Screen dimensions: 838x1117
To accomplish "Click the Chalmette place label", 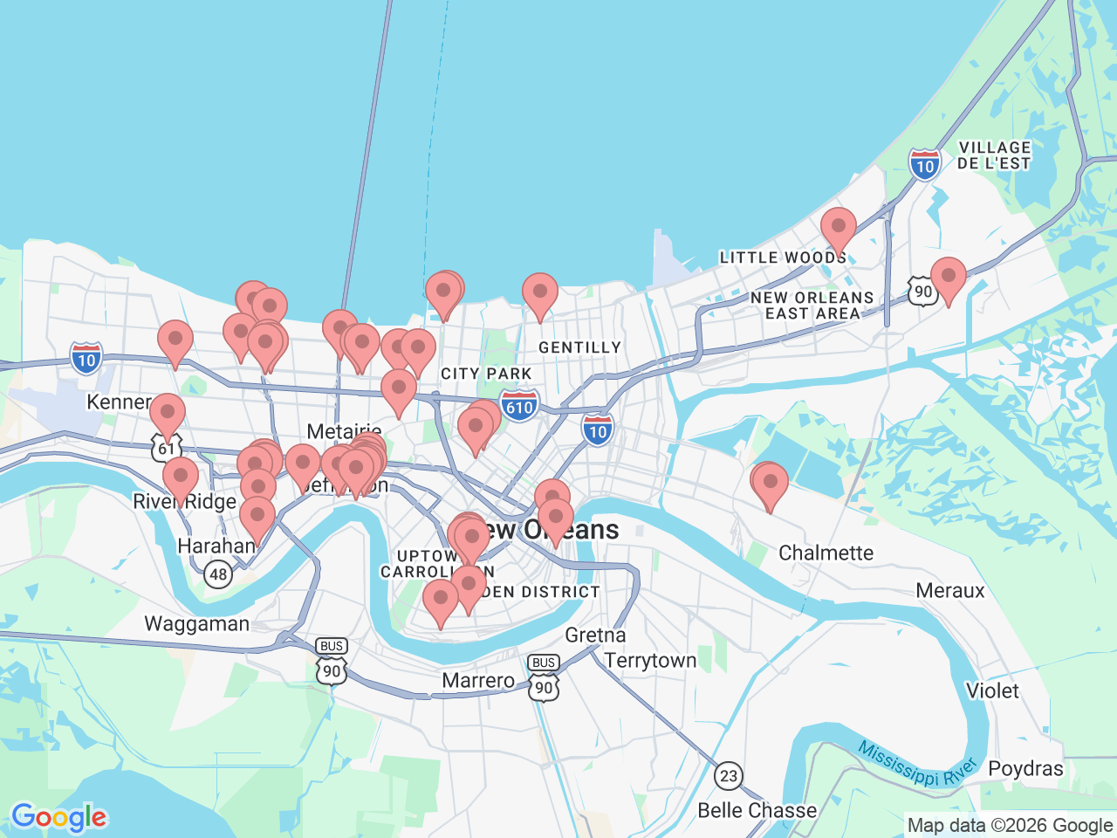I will tap(826, 553).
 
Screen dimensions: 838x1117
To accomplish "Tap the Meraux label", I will tap(949, 591).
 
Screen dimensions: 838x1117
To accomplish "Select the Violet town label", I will tap(992, 690).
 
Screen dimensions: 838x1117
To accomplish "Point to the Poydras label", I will tap(1025, 769).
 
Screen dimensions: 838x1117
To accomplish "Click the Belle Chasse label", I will tap(757, 810).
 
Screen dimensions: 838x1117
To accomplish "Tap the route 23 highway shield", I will tap(728, 775).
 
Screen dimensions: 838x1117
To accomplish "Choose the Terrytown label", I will tap(650, 661).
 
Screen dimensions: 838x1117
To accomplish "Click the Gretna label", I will tap(595, 635).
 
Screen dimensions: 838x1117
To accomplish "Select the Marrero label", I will tap(478, 680).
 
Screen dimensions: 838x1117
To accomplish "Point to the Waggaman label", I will tap(196, 624).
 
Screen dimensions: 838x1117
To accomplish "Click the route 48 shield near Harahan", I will tap(218, 574).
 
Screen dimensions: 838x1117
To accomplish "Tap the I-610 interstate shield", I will tap(519, 407).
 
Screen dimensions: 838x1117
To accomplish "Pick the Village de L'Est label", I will tap(993, 155).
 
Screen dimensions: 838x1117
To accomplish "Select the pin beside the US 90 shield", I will tap(948, 278).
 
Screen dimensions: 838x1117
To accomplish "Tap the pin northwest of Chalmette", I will tap(770, 484).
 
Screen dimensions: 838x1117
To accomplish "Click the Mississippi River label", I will tap(916, 763).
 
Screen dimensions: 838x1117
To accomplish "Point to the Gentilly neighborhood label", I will tap(579, 347).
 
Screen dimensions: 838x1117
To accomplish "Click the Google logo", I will tap(58, 818).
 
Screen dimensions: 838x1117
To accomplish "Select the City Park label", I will tap(486, 374).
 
